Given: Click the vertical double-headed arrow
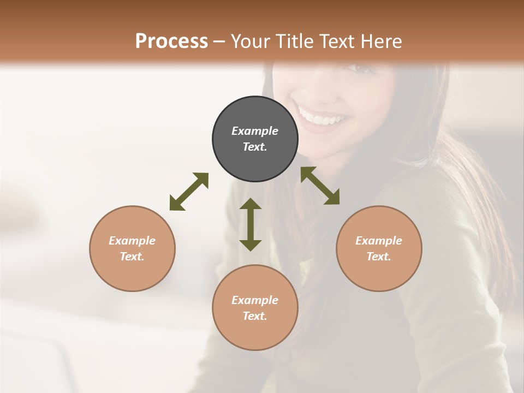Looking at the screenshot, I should [251, 224].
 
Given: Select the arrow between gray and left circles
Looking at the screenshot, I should [189, 192].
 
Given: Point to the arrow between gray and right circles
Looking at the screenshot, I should [320, 186].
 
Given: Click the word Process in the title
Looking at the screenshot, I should [171, 41].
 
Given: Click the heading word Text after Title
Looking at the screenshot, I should [337, 41].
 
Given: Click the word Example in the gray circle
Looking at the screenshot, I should [255, 131].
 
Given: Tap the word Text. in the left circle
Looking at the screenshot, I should [132, 257].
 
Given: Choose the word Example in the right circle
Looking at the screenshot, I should [379, 241].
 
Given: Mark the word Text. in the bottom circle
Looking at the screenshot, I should [255, 316].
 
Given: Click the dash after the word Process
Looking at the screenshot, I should [219, 41].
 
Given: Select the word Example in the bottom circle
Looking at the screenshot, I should [255, 300].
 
